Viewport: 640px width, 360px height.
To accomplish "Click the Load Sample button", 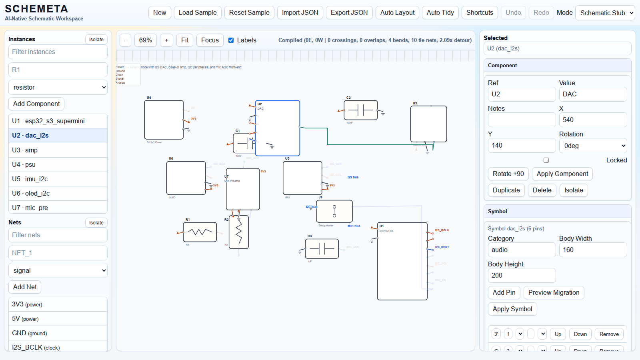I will click(198, 13).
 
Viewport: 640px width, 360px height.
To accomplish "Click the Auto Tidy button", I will click(440, 13).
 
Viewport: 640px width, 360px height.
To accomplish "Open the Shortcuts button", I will click(480, 13).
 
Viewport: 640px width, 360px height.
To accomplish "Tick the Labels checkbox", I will click(231, 40).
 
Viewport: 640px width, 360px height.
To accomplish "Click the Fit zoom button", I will click(185, 40).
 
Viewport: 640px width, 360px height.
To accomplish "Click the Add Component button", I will click(36, 104).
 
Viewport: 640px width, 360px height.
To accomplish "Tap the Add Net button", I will click(25, 287).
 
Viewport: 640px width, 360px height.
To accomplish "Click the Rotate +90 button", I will click(508, 174).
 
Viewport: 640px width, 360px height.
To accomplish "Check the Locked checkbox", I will click(546, 160).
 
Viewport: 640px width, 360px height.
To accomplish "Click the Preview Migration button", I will click(554, 292).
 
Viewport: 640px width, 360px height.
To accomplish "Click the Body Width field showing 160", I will click(593, 250).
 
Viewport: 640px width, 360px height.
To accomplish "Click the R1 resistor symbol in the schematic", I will click(200, 232).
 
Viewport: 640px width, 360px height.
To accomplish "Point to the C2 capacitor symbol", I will click(360, 110).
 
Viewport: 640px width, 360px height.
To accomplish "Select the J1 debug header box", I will click(334, 211).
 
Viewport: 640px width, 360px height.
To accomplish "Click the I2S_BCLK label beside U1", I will click(442, 230).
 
